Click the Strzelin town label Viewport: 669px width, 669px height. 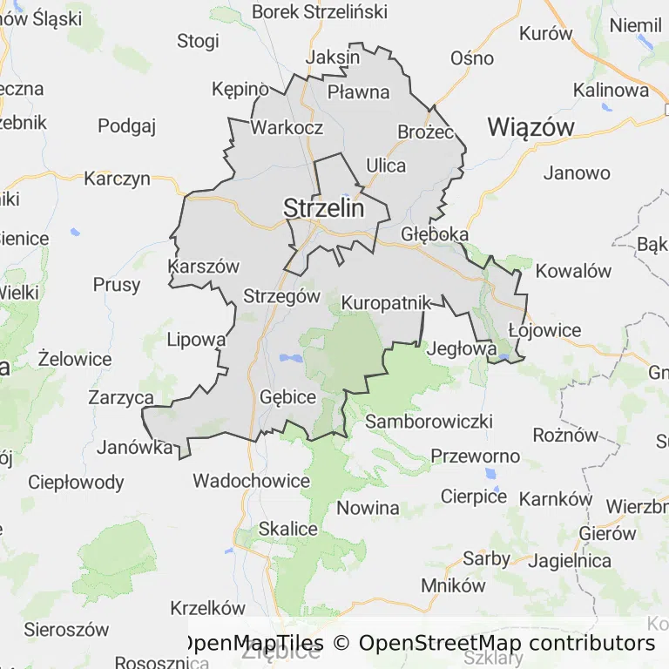click(323, 208)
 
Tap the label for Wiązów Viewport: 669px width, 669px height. click(530, 127)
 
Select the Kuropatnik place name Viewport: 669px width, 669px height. click(386, 303)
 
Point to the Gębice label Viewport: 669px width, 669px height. click(287, 397)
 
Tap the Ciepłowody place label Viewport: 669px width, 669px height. click(76, 482)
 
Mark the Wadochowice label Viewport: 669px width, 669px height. click(251, 481)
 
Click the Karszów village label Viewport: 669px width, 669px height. click(204, 267)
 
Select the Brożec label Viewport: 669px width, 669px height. click(426, 132)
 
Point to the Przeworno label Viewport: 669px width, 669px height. click(476, 456)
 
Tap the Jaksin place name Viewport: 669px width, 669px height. click(334, 57)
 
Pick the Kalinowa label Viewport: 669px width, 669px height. click(611, 90)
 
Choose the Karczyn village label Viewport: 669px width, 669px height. click(117, 179)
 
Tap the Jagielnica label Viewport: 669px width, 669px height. click(570, 560)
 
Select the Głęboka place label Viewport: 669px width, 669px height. click(435, 234)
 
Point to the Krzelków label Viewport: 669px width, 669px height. click(208, 607)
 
